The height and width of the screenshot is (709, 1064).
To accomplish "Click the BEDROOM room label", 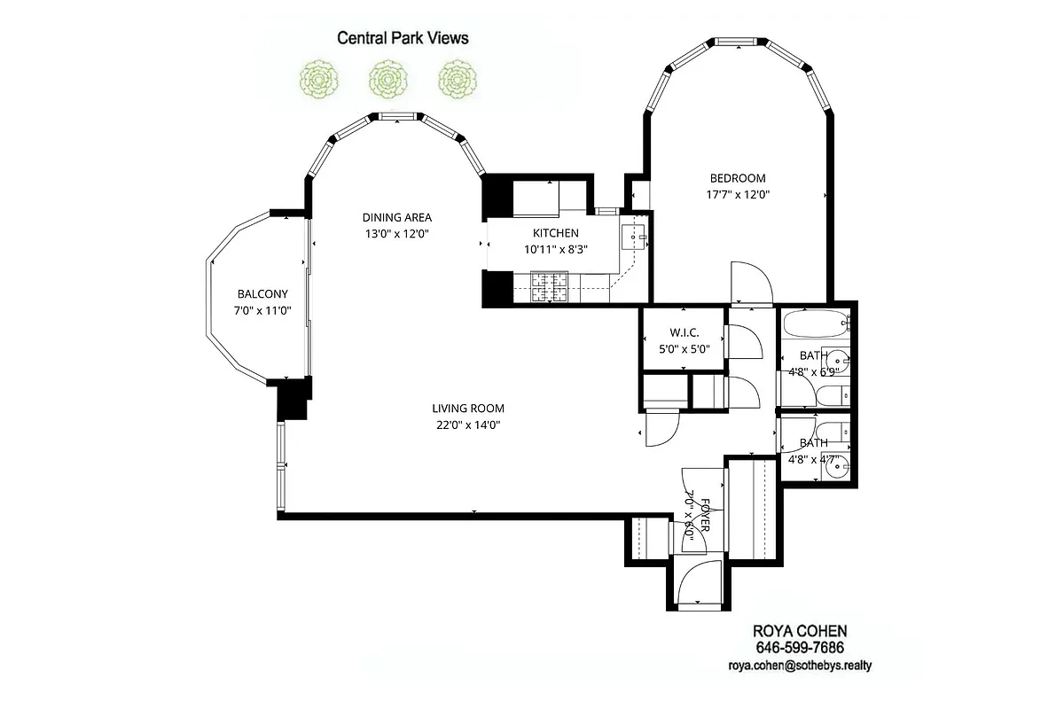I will click(737, 178).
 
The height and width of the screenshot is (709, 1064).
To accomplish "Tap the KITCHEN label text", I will click(555, 233).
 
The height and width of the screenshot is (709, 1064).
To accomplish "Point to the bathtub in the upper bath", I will click(814, 326).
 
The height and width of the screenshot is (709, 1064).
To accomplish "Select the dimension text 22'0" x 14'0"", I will click(468, 425).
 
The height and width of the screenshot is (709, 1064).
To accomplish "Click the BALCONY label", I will click(262, 294).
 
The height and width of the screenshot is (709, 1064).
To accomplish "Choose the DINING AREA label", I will click(396, 218).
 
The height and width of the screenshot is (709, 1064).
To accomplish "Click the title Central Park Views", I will click(402, 38).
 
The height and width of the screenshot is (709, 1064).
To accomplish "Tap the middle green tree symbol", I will click(387, 79).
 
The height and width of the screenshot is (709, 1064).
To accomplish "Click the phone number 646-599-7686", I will click(799, 648).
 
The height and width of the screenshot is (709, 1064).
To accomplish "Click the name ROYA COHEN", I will click(799, 631).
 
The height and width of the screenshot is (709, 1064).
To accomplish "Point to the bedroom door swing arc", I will click(751, 282).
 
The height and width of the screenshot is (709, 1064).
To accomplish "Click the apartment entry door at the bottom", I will click(698, 580).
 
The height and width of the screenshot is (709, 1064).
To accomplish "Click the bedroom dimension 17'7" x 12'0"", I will click(737, 195).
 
